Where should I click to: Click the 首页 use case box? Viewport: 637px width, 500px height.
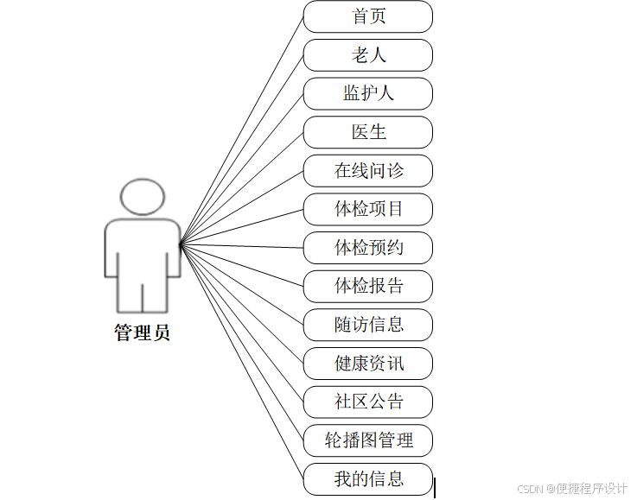click(367, 16)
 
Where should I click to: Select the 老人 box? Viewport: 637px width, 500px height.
click(367, 55)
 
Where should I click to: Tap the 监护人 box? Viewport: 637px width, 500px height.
click(367, 93)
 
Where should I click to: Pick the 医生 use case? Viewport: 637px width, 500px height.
click(367, 132)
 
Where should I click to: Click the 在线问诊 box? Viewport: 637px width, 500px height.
click(367, 171)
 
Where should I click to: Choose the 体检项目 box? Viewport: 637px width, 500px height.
click(367, 209)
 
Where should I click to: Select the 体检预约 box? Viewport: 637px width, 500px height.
click(367, 248)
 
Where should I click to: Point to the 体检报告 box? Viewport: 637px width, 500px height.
click(367, 286)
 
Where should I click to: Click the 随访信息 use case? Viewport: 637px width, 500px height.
click(367, 325)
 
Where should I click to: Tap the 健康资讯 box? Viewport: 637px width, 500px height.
click(367, 364)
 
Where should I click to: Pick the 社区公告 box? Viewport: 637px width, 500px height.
click(367, 402)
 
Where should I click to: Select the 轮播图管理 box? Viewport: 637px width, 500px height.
click(367, 440)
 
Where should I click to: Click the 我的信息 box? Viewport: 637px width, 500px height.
click(367, 478)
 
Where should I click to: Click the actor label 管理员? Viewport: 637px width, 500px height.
click(142, 333)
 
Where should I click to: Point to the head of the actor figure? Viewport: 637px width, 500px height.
click(142, 197)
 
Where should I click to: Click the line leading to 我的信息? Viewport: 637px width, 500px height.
click(242, 361)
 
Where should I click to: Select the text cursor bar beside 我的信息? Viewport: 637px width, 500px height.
click(434, 488)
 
